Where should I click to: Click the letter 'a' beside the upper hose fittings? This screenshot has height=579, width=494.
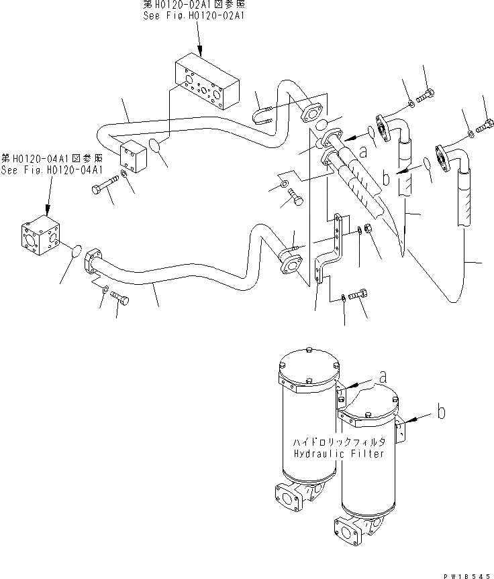tap(362, 152)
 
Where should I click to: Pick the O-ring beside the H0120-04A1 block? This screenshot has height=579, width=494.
tap(77, 251)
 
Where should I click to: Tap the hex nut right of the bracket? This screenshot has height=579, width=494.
tap(368, 231)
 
